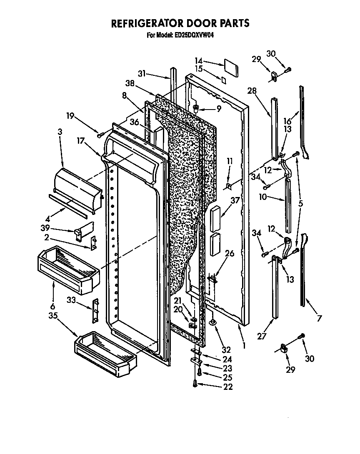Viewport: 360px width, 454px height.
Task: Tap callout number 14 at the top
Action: tap(199, 60)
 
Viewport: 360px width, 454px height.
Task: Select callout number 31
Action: tap(142, 73)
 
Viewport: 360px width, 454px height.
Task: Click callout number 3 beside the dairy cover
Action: tap(60, 132)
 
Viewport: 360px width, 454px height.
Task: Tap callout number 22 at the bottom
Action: tap(228, 387)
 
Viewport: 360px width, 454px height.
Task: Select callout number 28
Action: tap(252, 91)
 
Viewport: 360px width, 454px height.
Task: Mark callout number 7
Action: tap(319, 319)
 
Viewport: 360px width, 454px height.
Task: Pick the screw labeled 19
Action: tap(99, 135)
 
